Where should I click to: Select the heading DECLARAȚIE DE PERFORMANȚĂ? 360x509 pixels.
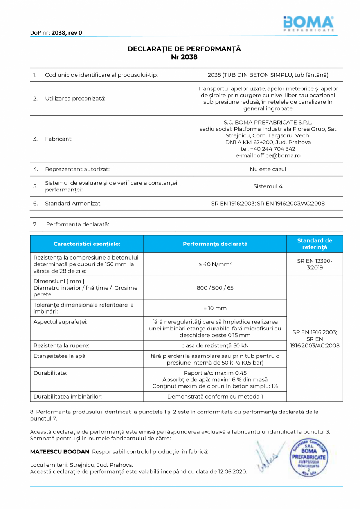pos(184,49)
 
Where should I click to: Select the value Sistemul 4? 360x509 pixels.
pos(268,186)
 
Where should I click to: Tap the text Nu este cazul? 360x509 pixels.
pos(268,170)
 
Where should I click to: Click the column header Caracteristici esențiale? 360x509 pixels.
pos(87,244)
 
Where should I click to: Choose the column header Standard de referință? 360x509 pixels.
pos(315,244)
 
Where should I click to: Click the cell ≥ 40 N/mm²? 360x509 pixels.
pos(215,264)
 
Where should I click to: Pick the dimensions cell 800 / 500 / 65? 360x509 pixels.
pos(215,288)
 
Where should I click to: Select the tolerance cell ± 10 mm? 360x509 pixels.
pos(215,309)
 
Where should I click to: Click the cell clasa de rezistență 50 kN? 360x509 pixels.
pos(215,346)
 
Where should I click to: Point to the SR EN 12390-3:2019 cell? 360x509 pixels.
pos(315,264)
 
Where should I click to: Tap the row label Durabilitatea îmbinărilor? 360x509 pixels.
pos(68,397)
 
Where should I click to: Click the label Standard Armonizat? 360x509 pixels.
pos(73,204)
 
